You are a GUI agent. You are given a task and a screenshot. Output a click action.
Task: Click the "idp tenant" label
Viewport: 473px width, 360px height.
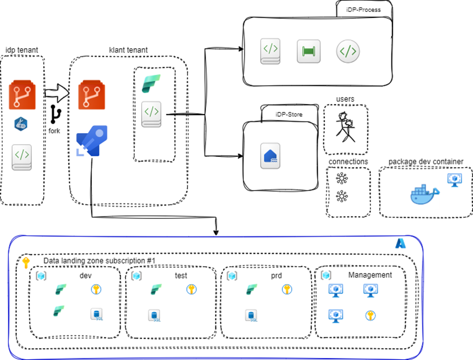point(22,50)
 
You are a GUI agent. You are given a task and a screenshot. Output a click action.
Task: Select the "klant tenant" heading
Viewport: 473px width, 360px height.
point(128,50)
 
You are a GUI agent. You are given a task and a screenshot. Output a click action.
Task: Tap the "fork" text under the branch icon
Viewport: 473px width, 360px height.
point(54,131)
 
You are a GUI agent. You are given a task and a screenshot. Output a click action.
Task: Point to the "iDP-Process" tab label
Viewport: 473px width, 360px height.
point(364,9)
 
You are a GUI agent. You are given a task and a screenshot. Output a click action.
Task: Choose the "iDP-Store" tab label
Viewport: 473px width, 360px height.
point(289,114)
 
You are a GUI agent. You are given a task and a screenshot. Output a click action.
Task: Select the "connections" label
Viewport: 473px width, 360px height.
point(348,161)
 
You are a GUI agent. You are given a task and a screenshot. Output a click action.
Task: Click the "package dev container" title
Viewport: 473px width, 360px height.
point(426,161)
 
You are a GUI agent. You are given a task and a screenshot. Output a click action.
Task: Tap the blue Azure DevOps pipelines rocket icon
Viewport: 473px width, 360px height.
point(92,141)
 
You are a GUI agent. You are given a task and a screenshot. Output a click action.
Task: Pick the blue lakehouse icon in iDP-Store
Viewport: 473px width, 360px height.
point(269,155)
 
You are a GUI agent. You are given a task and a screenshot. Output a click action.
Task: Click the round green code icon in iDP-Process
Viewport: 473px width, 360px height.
point(348,51)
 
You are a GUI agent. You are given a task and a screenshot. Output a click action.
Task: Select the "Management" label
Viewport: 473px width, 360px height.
point(370,275)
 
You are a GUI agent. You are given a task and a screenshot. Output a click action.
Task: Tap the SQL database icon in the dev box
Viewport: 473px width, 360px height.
point(97,314)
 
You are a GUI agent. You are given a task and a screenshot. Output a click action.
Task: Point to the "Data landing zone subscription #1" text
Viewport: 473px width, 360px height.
point(99,262)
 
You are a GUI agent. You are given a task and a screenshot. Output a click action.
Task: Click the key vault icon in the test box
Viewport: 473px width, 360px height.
point(191,289)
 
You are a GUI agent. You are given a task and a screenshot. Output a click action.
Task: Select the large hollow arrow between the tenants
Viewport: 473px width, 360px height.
point(57,92)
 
